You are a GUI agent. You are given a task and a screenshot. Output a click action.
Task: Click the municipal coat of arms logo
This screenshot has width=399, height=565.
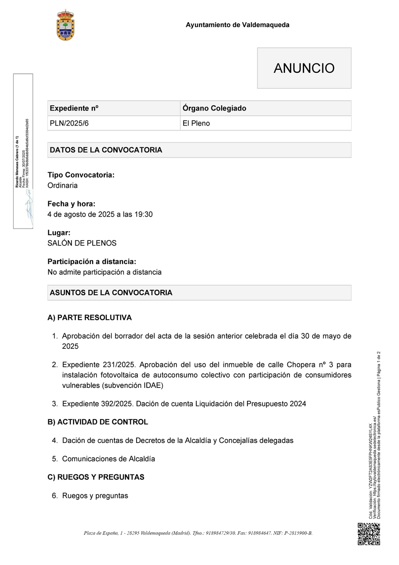tap(66, 25)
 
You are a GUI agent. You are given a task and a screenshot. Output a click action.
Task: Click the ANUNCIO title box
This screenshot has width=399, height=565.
tap(304, 68)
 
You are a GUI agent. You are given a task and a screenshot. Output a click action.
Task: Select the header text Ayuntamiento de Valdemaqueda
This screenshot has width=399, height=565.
tap(237, 25)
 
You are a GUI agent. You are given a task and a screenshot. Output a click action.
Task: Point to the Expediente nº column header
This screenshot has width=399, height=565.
tap(74, 108)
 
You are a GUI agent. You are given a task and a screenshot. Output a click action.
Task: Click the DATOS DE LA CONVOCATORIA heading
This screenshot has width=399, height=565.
tap(106, 150)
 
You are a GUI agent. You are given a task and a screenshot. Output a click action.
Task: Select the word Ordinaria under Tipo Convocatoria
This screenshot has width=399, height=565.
tap(63, 186)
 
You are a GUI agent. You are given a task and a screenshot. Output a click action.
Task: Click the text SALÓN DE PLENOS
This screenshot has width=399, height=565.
tap(82, 243)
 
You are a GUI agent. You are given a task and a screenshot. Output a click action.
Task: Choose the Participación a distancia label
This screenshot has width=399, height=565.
tap(92, 262)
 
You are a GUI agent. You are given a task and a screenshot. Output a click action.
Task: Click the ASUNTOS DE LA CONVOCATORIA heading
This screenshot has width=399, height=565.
tap(111, 293)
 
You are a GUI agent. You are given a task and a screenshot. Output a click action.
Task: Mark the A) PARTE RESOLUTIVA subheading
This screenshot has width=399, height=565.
tap(90, 318)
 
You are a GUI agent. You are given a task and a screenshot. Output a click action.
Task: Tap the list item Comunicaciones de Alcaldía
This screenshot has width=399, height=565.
tap(109, 459)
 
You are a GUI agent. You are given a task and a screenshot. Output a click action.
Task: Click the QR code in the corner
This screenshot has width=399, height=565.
tap(369, 534)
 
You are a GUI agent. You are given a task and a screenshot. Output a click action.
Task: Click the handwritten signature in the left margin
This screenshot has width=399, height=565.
tap(29, 205)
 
